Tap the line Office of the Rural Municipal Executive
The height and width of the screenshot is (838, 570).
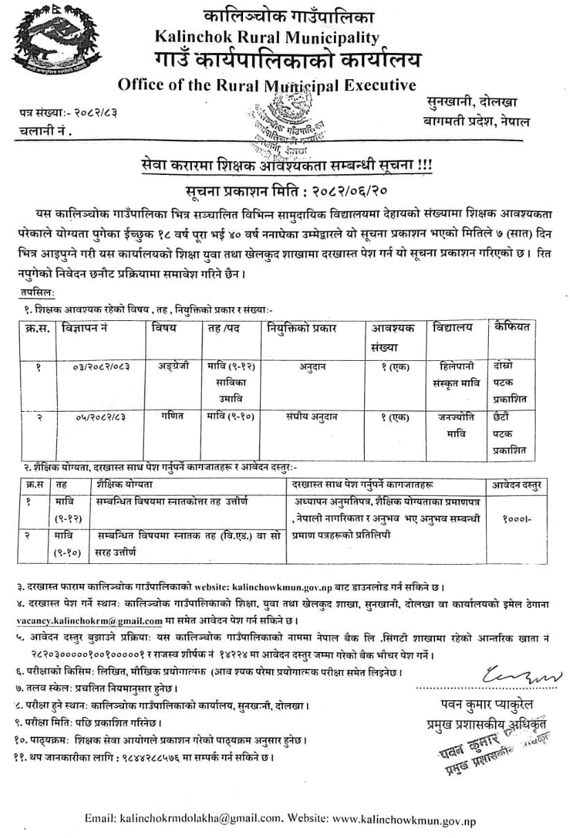[x=267, y=85]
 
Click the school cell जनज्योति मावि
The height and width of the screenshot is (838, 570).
[x=458, y=426]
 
